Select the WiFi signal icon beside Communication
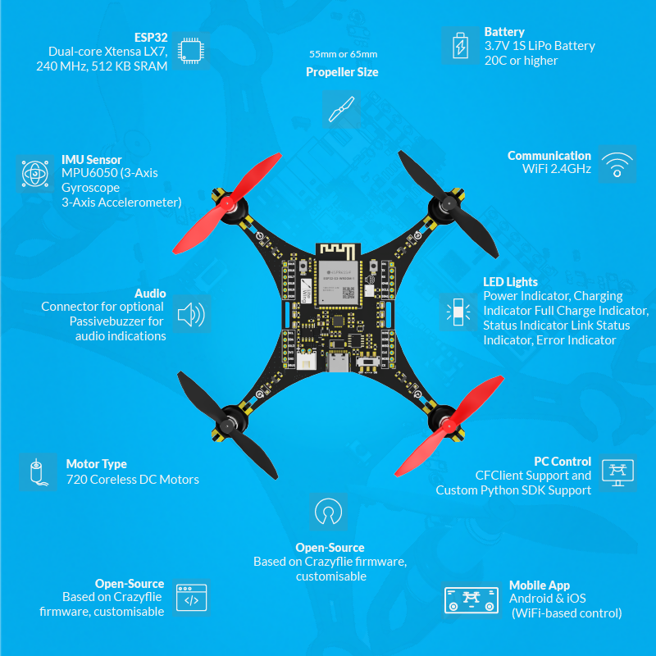[x=617, y=164]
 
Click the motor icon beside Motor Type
[x=35, y=472]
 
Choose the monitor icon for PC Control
[x=618, y=473]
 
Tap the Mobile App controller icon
[x=471, y=599]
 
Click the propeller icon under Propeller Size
[x=341, y=108]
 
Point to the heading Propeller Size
[x=342, y=72]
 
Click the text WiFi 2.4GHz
[x=557, y=170]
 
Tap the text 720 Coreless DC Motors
[x=133, y=480]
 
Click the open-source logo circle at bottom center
[x=329, y=512]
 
